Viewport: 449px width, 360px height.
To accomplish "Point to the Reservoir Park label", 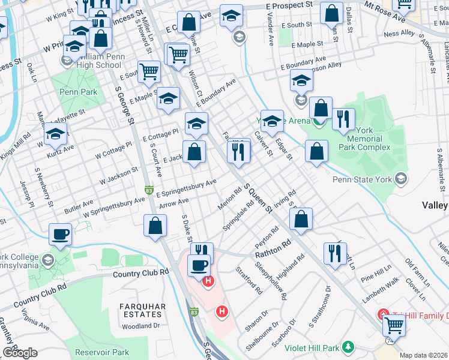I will point(102,352).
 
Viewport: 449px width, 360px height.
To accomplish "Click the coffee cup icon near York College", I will point(61,234).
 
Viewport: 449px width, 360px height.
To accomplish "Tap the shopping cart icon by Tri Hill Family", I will point(394,325).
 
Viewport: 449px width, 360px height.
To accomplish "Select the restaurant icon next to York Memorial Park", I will point(343,119).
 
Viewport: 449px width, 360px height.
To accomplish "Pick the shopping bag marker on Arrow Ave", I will point(155,226).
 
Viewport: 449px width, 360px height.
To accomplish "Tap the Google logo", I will point(20,353).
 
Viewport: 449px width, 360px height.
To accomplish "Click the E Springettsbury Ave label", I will point(186,188).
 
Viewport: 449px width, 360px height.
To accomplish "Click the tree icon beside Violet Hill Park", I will point(348,347).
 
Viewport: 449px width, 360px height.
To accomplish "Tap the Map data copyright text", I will point(424,355).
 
